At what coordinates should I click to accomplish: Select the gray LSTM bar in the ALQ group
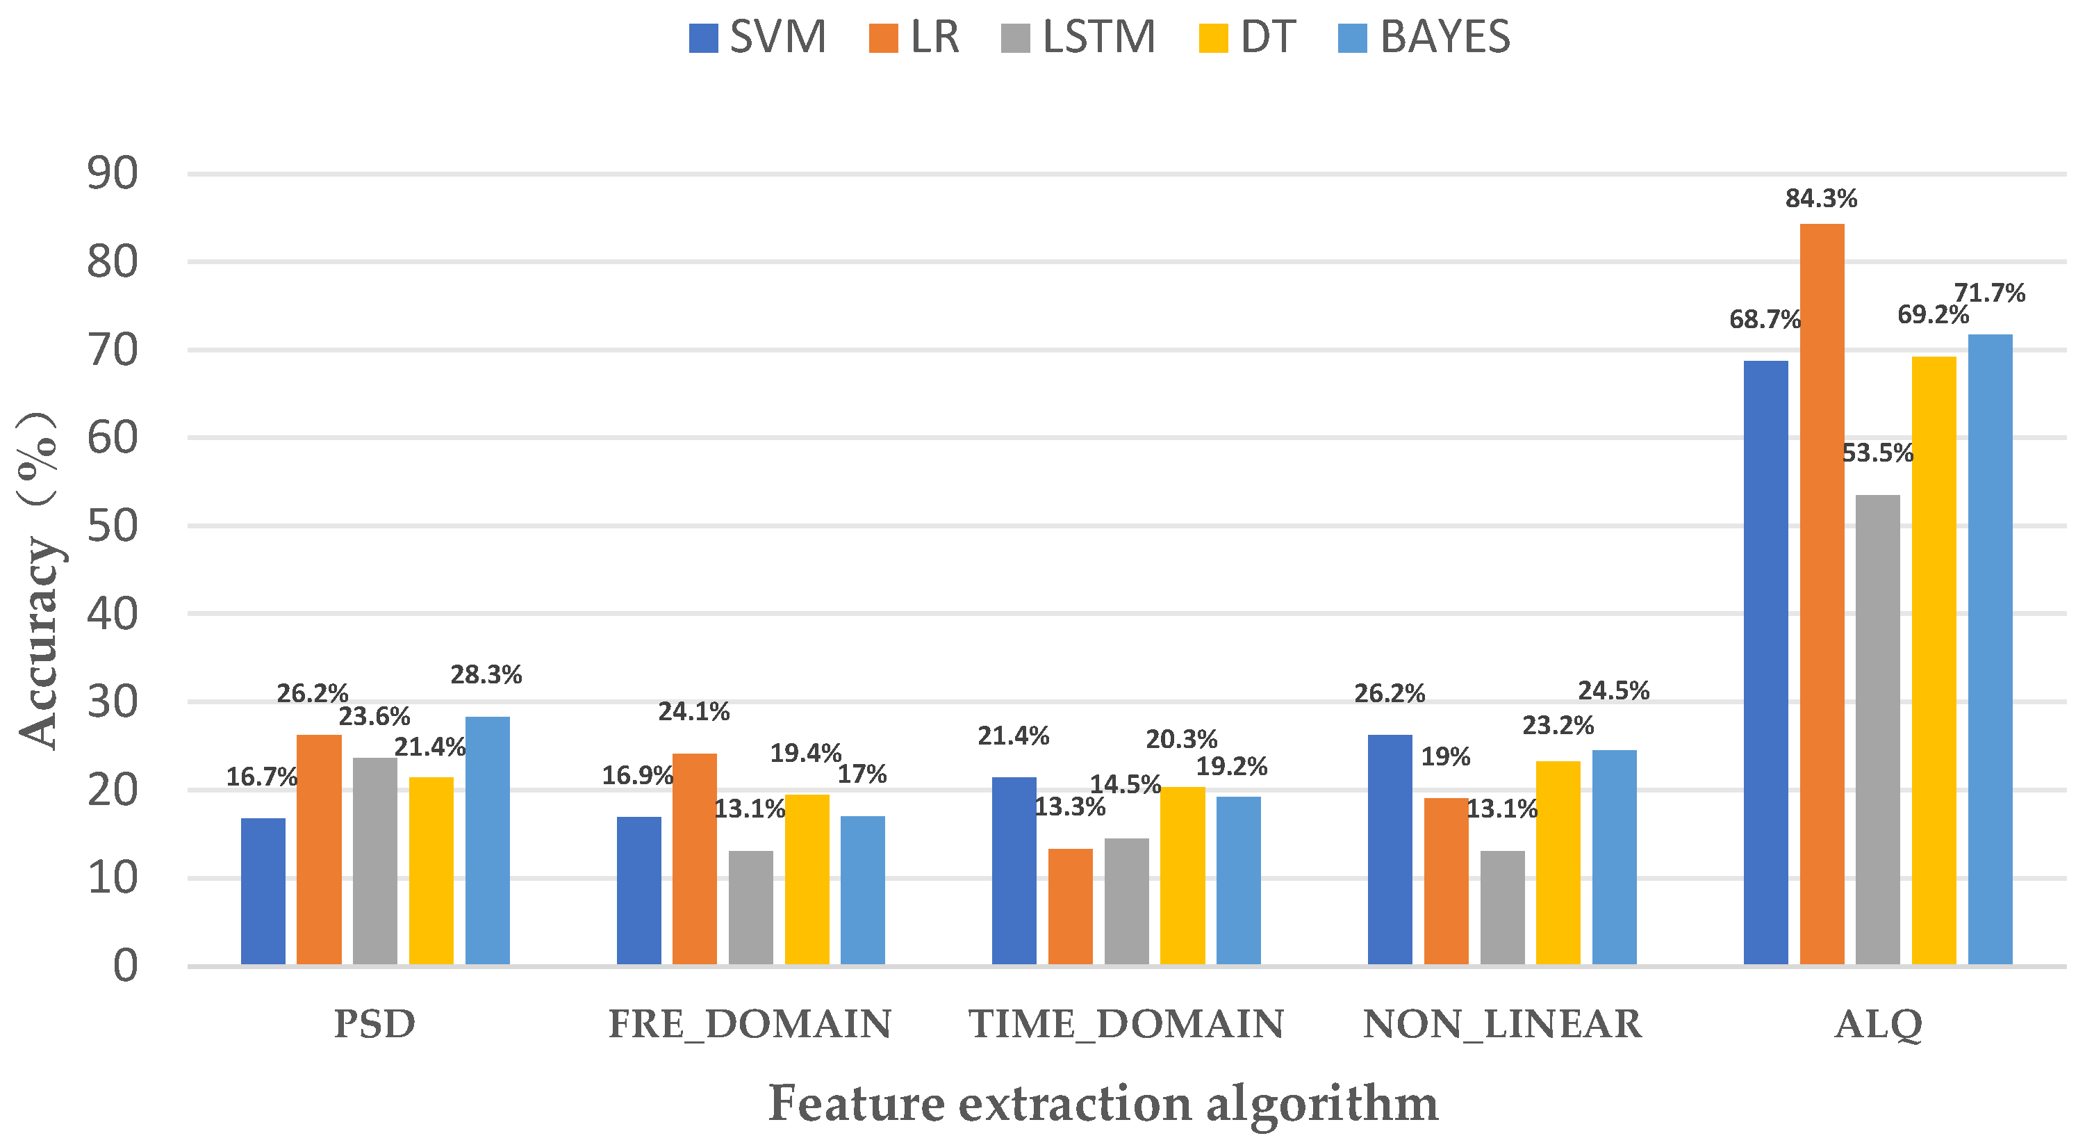click(1877, 729)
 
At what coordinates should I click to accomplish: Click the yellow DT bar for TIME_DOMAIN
click(1182, 875)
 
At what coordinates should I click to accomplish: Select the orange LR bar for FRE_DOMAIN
click(695, 859)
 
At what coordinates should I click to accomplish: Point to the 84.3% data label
click(1821, 198)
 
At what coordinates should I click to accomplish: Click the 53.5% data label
click(1877, 453)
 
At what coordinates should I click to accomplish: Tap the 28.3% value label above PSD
click(486, 674)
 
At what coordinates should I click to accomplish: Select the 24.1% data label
click(693, 712)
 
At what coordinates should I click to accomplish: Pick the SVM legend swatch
click(702, 38)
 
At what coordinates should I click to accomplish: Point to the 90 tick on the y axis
click(113, 174)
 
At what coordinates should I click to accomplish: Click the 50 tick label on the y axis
click(113, 526)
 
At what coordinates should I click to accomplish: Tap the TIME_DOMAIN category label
click(1126, 1024)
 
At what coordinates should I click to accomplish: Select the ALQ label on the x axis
click(1878, 1024)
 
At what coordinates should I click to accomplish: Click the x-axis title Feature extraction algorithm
click(1103, 1103)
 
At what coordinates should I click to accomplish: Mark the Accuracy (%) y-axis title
click(39, 580)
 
